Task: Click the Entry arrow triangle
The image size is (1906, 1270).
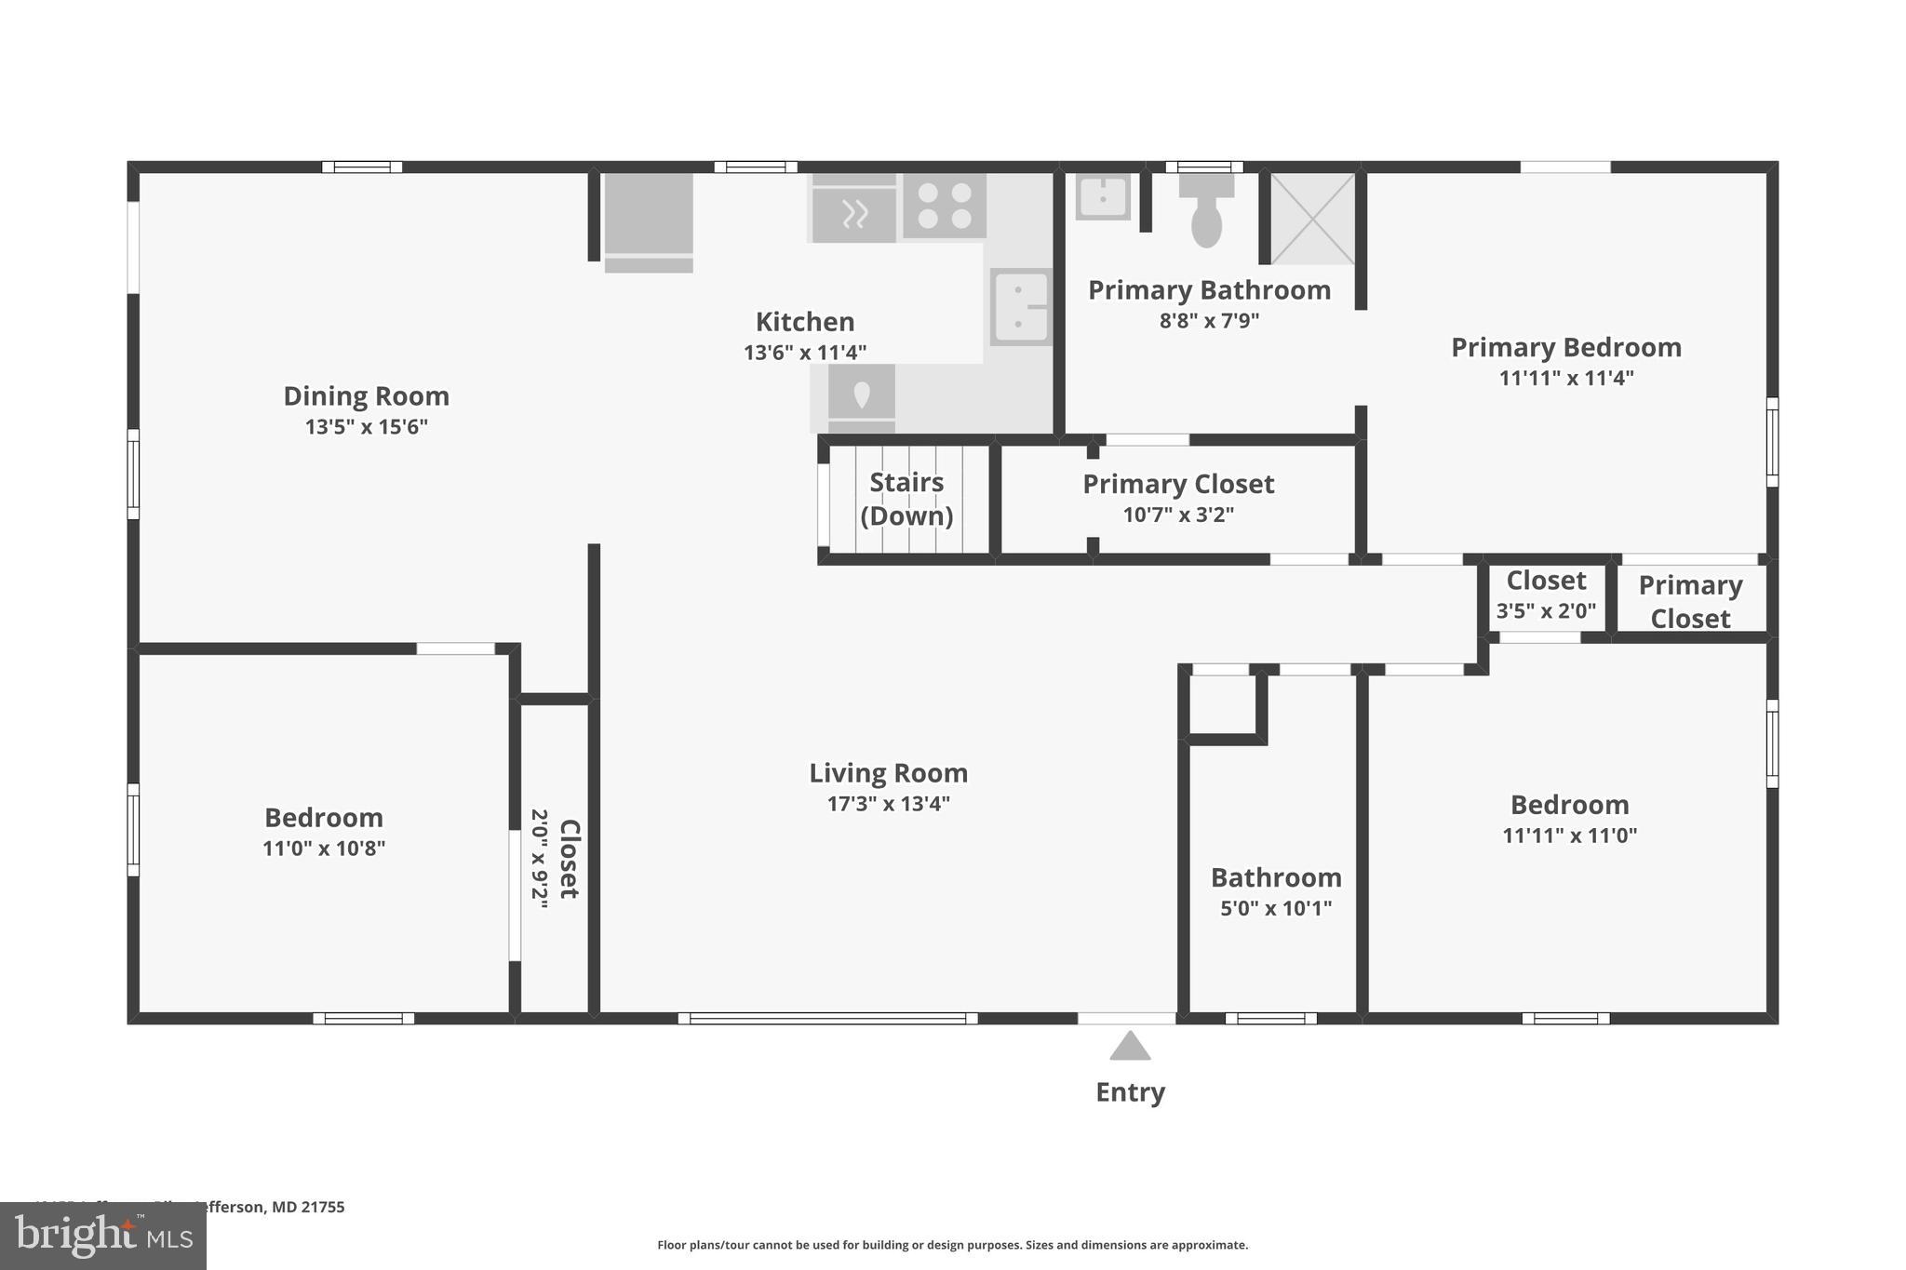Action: tap(1130, 1047)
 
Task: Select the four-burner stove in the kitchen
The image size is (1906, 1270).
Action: tap(945, 206)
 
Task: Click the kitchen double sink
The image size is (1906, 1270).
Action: tap(1020, 307)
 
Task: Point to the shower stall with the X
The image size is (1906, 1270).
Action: tap(1312, 218)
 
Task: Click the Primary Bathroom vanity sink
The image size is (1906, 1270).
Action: tap(1102, 196)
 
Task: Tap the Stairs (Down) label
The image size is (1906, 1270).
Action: tap(906, 499)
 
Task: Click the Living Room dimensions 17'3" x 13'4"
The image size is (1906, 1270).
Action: tap(888, 804)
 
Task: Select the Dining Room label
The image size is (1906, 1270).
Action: tap(366, 396)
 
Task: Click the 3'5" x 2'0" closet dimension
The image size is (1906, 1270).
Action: tap(1546, 611)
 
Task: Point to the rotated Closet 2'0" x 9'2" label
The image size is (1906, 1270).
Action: tap(556, 859)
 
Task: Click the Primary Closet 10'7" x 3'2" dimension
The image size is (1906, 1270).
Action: tap(1178, 515)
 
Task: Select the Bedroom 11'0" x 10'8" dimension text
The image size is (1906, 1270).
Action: tap(323, 849)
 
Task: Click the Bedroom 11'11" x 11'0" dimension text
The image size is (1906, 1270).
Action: tap(1569, 836)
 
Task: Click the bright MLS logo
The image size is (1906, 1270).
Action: tap(103, 1237)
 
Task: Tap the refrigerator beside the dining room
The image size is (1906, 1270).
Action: tap(649, 221)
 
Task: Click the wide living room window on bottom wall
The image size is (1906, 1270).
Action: tap(827, 1019)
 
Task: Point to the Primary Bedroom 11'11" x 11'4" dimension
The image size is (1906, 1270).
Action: tap(1566, 379)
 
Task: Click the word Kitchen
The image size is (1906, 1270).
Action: tap(804, 322)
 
